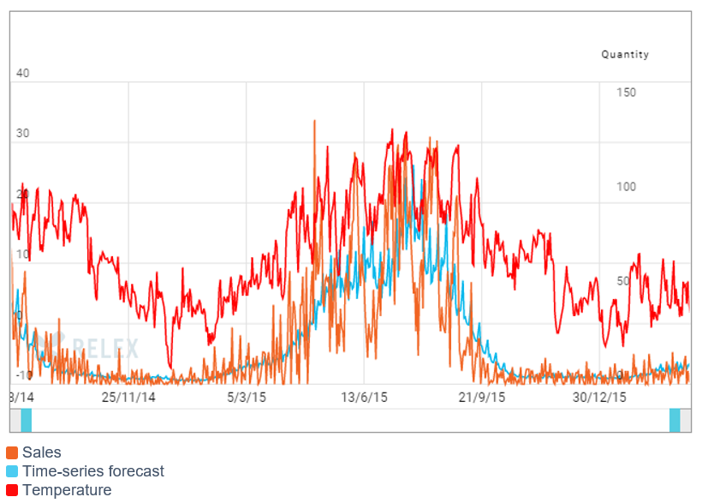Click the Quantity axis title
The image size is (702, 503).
tap(625, 55)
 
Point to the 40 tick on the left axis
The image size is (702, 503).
tap(23, 74)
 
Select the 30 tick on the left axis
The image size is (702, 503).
tap(23, 134)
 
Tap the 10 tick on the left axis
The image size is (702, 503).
tap(23, 254)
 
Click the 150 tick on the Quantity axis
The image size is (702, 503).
tap(627, 93)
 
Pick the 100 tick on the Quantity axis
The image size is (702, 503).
tap(627, 187)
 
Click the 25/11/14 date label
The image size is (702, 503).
tap(128, 398)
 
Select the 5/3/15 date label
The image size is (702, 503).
tap(247, 398)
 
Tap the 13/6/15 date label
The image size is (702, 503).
tap(365, 398)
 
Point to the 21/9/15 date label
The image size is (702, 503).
tap(482, 398)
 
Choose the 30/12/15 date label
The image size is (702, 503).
tap(599, 398)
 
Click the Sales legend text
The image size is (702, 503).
tap(42, 452)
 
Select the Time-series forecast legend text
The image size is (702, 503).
tap(93, 471)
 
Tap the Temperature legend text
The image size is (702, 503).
tap(67, 490)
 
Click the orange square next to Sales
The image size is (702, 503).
tap(12, 452)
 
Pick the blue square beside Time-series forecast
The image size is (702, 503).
tap(12, 471)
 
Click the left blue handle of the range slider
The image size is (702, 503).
tap(26, 421)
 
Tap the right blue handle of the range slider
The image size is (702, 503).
tap(675, 421)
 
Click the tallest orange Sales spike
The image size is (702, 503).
tap(314, 122)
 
